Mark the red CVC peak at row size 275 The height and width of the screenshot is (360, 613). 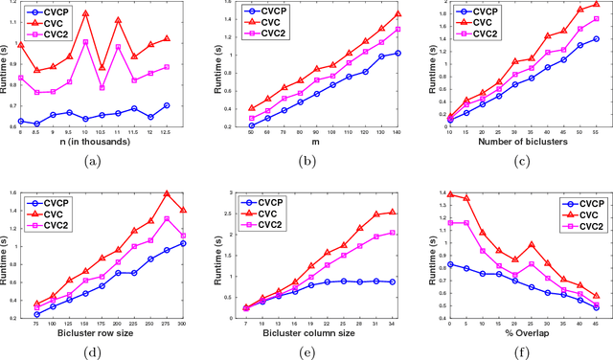pos(167,193)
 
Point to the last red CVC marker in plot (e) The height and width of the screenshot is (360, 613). pos(390,212)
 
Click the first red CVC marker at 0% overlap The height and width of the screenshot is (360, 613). pos(449,193)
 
